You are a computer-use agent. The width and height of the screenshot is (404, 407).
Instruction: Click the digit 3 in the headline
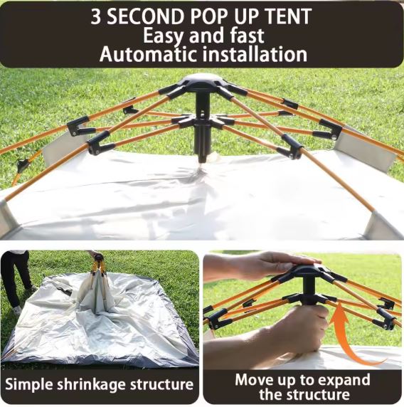[95, 16]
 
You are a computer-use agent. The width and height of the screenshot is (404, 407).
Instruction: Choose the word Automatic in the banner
[148, 54]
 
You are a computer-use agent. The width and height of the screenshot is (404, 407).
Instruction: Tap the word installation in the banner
[255, 54]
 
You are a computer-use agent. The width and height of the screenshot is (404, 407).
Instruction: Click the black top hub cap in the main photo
[202, 80]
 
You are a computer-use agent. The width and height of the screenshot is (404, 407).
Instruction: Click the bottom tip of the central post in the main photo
[202, 162]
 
